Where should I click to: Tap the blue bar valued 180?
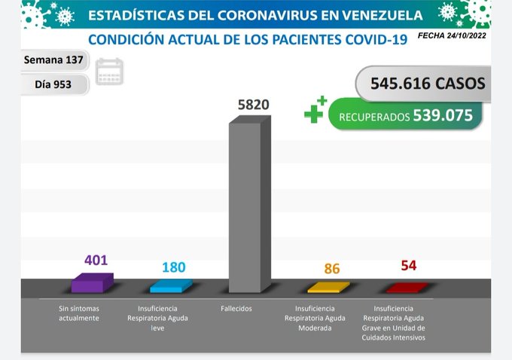pos(170,286)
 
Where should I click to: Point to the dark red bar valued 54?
pos(407,287)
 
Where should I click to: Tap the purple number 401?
pos(96,261)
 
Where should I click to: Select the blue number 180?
pos(173,267)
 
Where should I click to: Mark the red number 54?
pos(409,265)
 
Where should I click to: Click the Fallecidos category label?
pos(236,309)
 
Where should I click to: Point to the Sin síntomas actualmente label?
pos(80,313)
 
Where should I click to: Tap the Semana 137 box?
pos(53,59)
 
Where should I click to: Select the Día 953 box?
pos(53,84)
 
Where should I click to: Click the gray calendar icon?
pos(109,72)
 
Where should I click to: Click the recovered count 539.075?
pos(442,116)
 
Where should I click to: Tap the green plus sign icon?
pos(315,111)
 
